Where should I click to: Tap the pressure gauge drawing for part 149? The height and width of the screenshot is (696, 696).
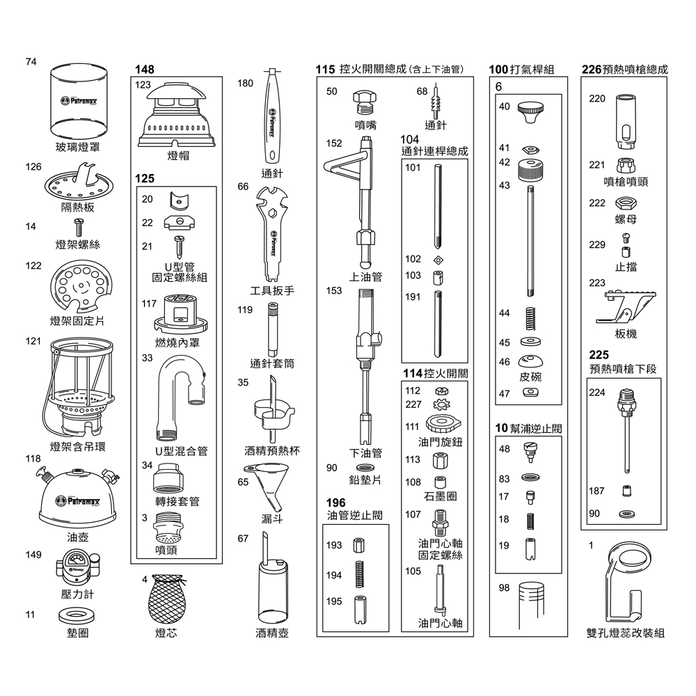[77, 567]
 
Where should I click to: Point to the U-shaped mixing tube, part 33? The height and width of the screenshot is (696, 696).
[180, 397]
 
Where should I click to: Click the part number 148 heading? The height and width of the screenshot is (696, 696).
[145, 70]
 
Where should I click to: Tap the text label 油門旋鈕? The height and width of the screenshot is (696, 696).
[440, 442]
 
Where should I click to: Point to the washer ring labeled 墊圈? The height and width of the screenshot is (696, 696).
[77, 615]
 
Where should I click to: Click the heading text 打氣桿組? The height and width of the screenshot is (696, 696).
[532, 70]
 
